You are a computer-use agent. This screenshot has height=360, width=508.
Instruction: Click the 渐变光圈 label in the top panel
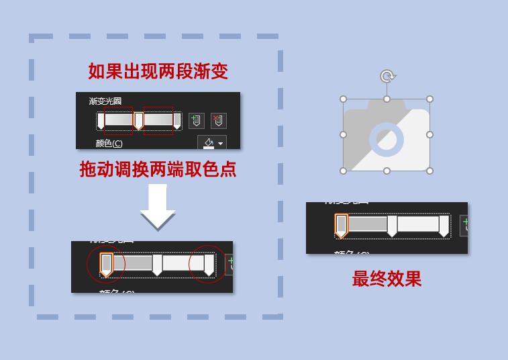click(x=105, y=101)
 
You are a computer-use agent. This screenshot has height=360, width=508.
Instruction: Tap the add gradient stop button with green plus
click(x=196, y=121)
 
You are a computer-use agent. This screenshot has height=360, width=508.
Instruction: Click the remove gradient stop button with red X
click(x=218, y=121)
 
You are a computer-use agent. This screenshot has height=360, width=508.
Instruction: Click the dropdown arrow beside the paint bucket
click(x=220, y=144)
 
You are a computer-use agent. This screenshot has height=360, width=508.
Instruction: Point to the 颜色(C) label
click(x=109, y=143)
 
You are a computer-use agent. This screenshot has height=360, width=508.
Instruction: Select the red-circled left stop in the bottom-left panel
click(x=106, y=264)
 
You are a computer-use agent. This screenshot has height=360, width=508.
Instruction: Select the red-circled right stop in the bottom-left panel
click(x=209, y=264)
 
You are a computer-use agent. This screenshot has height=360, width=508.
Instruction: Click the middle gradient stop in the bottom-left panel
click(x=157, y=264)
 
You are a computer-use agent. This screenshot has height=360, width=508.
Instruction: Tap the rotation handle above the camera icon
click(x=387, y=77)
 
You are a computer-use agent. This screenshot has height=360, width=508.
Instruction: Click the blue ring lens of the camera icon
click(x=387, y=139)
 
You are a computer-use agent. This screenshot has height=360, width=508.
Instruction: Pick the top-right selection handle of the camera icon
click(x=429, y=99)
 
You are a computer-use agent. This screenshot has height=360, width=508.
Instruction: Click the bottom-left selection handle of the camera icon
click(x=344, y=171)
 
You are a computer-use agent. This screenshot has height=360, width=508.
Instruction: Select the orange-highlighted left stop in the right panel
click(x=341, y=225)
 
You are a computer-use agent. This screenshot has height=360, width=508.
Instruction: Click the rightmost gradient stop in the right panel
click(x=444, y=226)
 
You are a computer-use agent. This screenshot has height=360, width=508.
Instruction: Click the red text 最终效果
click(x=387, y=279)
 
